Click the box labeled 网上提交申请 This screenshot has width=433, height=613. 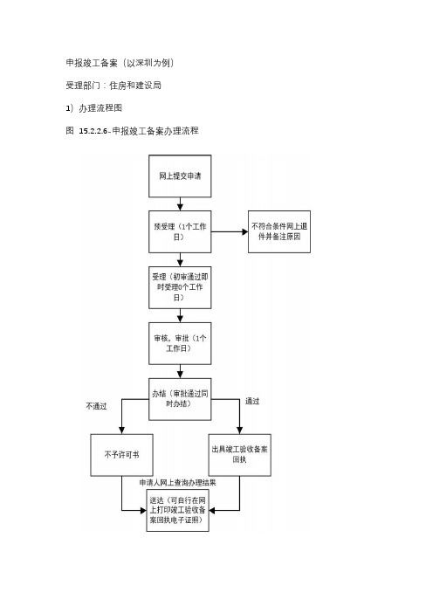pos(180,176)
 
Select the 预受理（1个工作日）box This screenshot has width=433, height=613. pos(180,231)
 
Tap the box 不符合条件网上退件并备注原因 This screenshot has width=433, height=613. pos(279,231)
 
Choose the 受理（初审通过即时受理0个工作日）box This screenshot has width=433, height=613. pos(180,287)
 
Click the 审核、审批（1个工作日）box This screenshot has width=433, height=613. pos(180,343)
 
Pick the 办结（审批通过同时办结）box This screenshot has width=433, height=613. pos(180,399)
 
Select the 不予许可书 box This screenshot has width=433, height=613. pos(121,455)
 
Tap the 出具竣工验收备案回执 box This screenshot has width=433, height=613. pos(239,455)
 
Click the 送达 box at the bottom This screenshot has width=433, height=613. pos(177,510)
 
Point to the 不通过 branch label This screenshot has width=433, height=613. pos(96,406)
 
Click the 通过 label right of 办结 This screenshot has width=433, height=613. pos(252,401)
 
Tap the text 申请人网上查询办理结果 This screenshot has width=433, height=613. pos(177,483)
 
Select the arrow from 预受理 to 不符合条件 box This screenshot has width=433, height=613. pos(230,231)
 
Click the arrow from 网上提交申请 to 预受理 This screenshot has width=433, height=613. pos(180,204)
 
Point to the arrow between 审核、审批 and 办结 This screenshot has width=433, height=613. pos(180,371)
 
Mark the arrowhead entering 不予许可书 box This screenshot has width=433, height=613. pos(121,430)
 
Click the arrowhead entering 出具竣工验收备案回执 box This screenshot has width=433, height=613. pos(239,430)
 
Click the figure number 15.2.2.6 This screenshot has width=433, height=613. pos(93,131)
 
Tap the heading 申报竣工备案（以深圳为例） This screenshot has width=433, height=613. pos(120,63)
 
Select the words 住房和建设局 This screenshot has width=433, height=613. pos(135,86)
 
